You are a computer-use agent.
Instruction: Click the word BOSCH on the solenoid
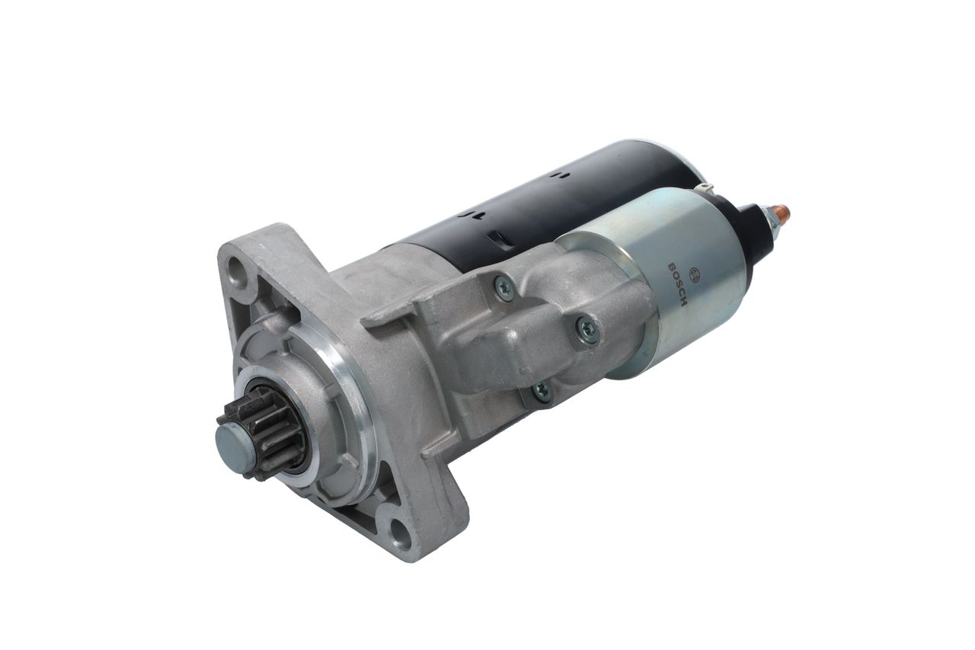pyautogui.click(x=677, y=284)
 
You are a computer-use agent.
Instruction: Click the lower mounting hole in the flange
pyautogui.click(x=400, y=530)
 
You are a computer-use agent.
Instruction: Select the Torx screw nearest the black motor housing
pyautogui.click(x=504, y=287)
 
